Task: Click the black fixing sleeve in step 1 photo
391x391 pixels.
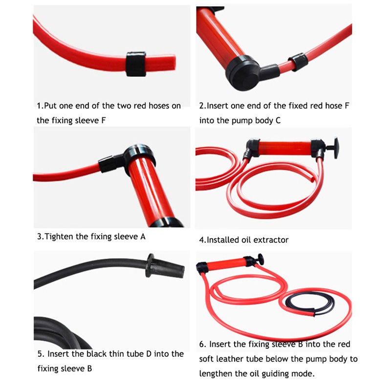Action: point(136,64)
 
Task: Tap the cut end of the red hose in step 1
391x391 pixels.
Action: point(174,62)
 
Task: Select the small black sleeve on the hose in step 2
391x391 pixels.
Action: point(298,62)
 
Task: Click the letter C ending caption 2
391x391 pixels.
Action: point(278,120)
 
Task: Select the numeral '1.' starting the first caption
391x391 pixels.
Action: point(40,106)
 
